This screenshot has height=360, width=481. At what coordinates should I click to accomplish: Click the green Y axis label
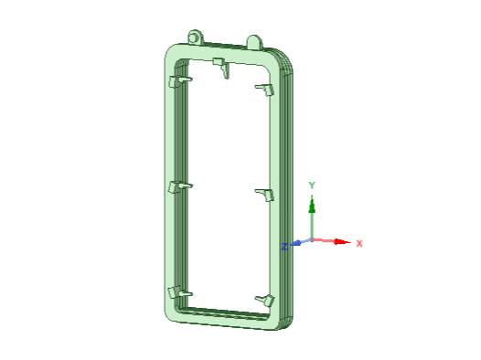[312, 185]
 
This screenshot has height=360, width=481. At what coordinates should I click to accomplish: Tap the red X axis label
[359, 244]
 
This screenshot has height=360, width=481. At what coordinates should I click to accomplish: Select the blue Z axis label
[284, 247]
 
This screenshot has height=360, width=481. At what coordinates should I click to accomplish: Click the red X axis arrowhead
[341, 242]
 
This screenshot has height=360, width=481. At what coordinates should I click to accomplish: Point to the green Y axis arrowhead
[312, 206]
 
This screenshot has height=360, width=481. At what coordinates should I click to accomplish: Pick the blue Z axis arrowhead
[295, 243]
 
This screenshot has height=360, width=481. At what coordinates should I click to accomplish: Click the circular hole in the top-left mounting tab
[193, 38]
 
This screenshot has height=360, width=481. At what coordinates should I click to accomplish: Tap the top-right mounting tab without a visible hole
[254, 42]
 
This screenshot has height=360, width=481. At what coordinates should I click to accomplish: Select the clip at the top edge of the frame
[221, 67]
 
